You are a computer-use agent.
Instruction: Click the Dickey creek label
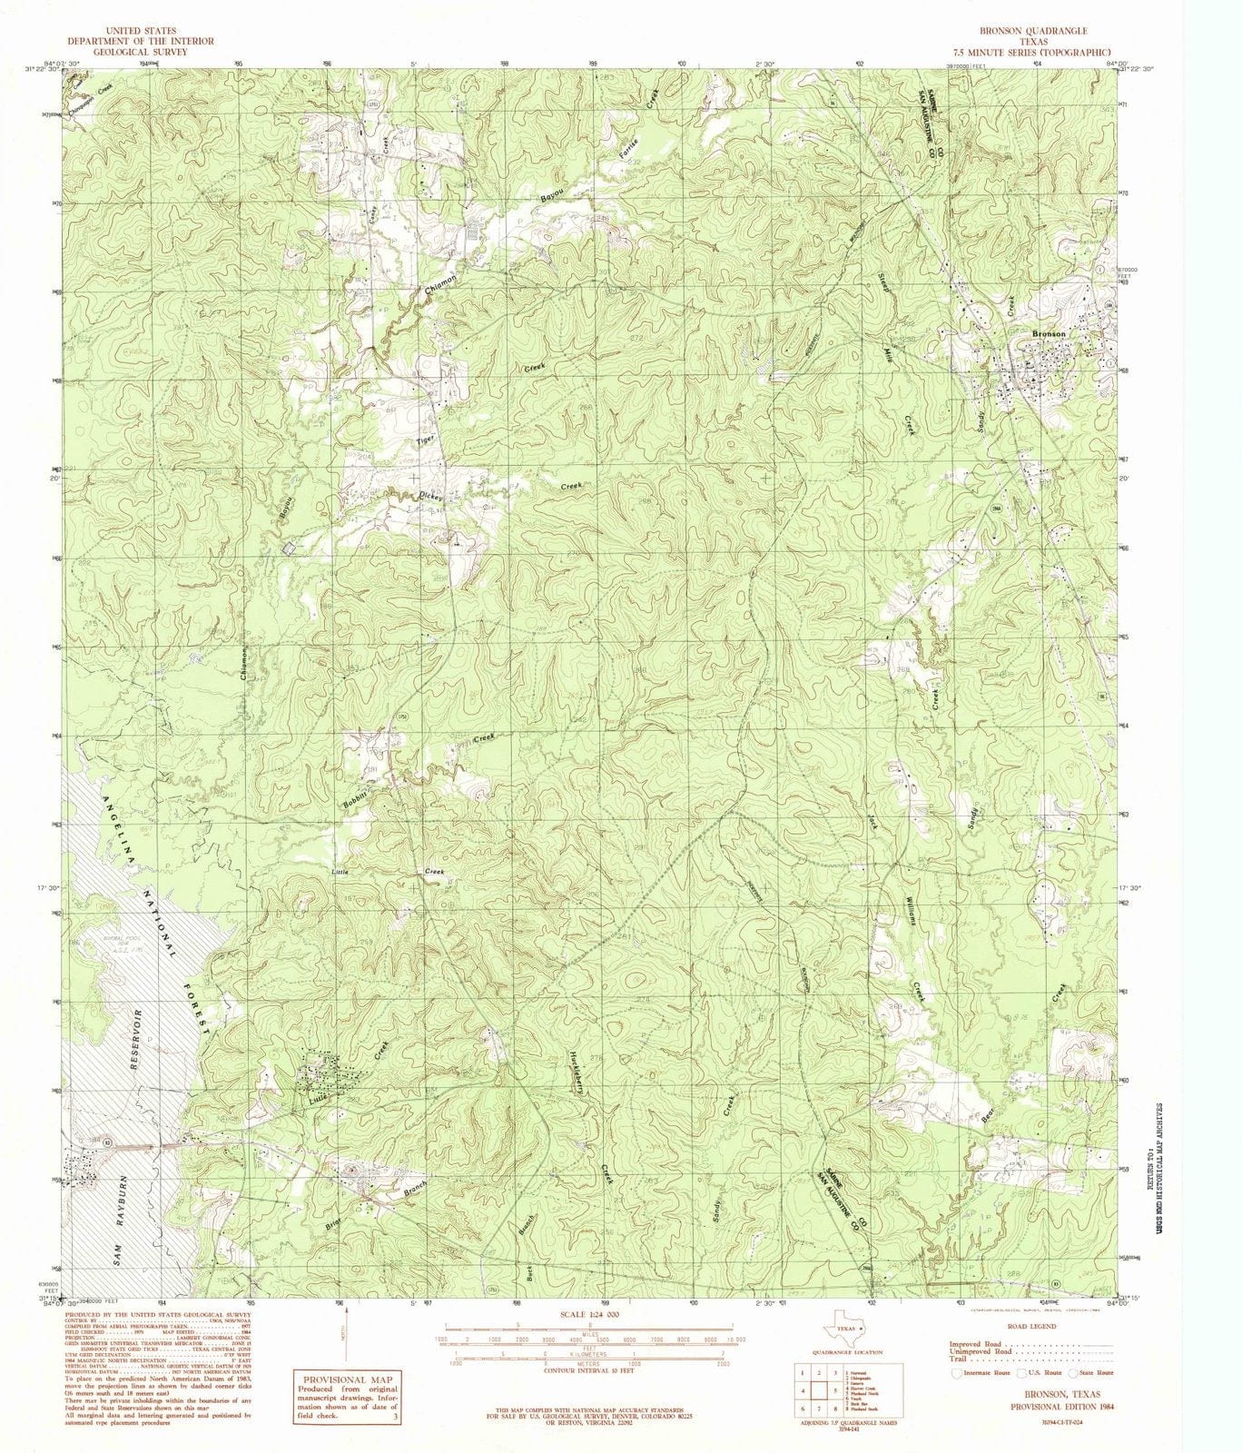(x=429, y=497)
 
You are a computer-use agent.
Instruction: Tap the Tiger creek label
(x=426, y=440)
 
